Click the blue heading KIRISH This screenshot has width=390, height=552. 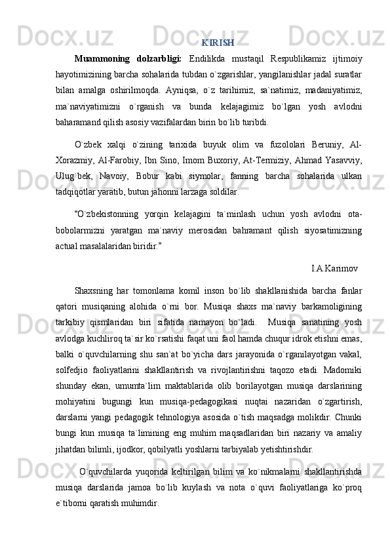218,43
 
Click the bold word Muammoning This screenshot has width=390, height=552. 101,60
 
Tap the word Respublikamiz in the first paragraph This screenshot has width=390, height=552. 290,60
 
